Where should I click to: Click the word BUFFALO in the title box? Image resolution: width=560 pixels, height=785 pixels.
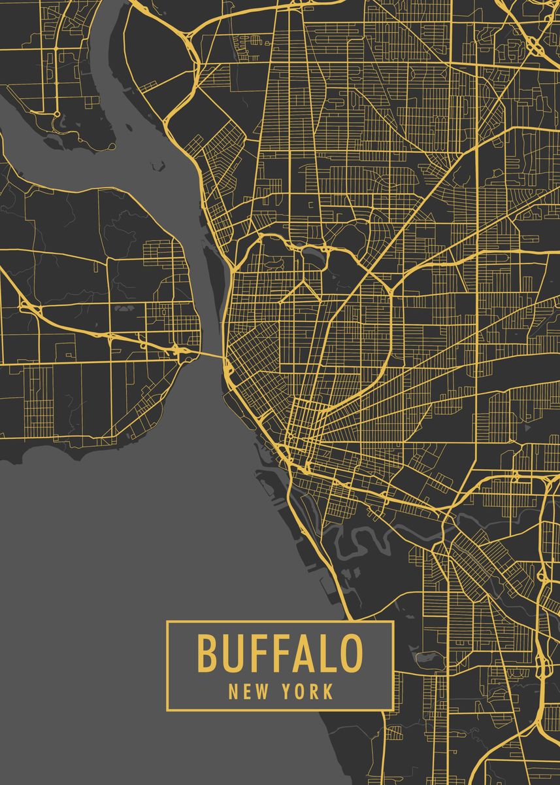(280, 654)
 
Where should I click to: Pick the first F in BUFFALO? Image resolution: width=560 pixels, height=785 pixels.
(255, 654)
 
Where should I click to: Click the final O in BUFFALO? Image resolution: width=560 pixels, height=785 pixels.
(348, 654)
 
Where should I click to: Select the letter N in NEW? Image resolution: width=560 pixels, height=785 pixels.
(233, 691)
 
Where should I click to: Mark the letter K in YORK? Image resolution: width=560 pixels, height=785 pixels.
(328, 691)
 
